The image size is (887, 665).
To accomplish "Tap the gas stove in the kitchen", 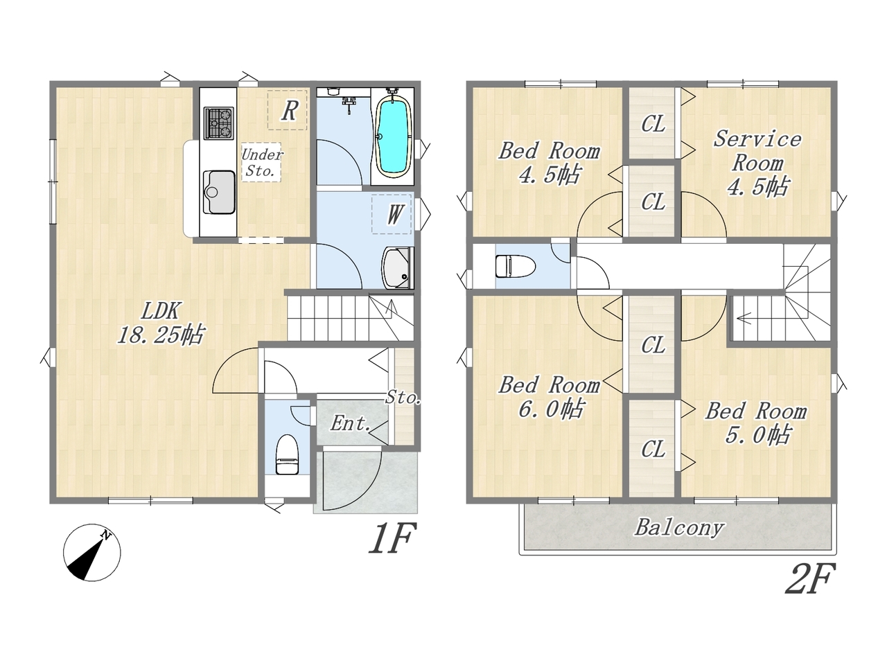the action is pyautogui.click(x=218, y=123).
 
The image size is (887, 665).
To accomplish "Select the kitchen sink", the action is pyautogui.click(x=219, y=192).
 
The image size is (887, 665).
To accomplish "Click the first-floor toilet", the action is pyautogui.click(x=287, y=454).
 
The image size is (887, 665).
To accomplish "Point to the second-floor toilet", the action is pyautogui.click(x=516, y=266).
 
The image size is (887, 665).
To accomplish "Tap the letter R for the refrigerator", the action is pyautogui.click(x=290, y=111).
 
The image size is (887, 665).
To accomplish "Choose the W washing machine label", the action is pyautogui.click(x=394, y=215).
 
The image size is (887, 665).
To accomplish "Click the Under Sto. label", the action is pyautogui.click(x=262, y=162).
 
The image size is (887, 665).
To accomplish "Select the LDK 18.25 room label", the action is pyautogui.click(x=161, y=323).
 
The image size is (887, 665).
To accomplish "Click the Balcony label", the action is pyautogui.click(x=679, y=528).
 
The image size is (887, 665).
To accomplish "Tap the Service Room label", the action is pyautogui.click(x=757, y=163).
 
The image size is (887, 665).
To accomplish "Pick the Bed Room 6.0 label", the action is pyautogui.click(x=550, y=396).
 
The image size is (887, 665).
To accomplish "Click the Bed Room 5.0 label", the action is pyautogui.click(x=756, y=423).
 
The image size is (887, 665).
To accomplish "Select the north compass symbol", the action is pyautogui.click(x=92, y=552).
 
